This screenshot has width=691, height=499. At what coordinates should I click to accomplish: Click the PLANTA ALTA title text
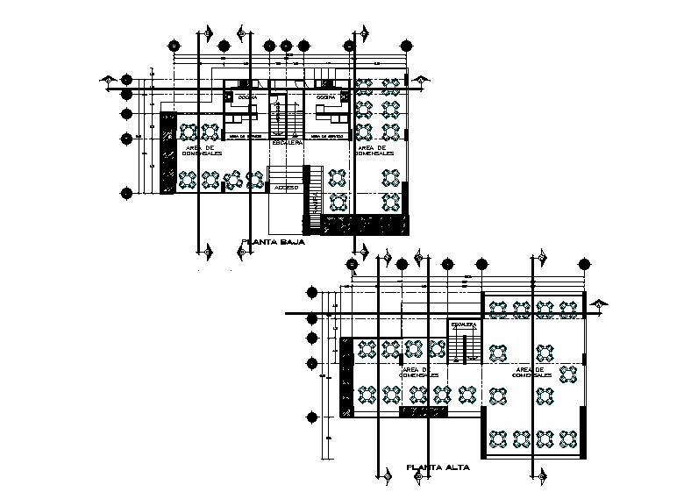coord(438,467)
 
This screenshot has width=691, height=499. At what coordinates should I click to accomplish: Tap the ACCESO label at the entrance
coord(286,188)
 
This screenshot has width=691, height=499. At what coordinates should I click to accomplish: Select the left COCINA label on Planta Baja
coord(246,96)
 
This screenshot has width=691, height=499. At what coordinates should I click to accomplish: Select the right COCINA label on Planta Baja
coord(326,96)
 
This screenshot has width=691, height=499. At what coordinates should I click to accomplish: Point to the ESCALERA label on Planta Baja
coord(288,141)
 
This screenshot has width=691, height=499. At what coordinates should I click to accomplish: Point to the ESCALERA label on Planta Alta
coord(464,324)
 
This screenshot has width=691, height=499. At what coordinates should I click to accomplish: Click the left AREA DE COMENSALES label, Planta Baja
coord(203,151)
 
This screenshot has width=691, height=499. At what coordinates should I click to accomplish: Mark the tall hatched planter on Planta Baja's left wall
coord(167,153)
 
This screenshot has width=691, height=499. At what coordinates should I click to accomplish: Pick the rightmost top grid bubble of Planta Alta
coord(585,263)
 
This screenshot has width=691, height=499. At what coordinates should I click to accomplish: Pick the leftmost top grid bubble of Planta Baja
coord(175,46)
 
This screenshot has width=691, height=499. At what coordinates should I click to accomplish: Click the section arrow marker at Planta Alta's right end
coord(600,304)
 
